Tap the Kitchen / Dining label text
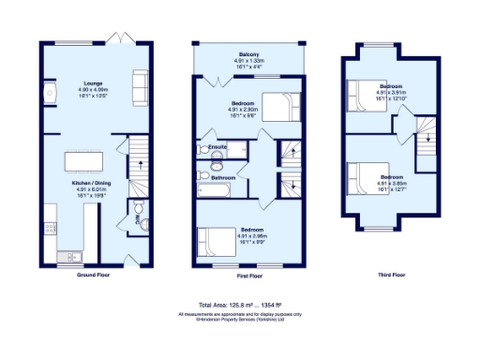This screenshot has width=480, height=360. (86, 183)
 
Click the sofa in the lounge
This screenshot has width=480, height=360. (140, 87)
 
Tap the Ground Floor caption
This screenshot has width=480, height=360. (87, 276)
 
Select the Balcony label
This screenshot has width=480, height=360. (248, 55)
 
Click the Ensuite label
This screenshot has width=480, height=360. (218, 147)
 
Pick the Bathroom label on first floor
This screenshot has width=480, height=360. (222, 177)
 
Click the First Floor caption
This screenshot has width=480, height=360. (248, 276)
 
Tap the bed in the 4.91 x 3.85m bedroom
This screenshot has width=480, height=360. (364, 176)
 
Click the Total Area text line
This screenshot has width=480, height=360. (240, 306)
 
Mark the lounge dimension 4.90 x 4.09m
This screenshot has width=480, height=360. (86, 90)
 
